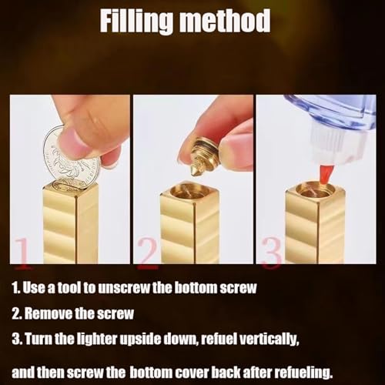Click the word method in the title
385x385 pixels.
point(225,21)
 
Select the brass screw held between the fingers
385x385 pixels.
point(205,156)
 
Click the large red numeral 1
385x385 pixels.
point(23,253)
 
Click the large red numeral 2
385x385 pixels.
point(147,253)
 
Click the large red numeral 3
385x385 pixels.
point(272,253)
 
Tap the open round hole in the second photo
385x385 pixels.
point(190,190)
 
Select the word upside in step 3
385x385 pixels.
point(141,339)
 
